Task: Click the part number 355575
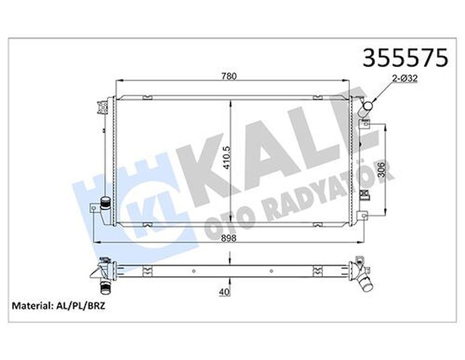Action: click(405, 58)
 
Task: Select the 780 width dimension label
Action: click(229, 76)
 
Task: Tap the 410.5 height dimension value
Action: click(226, 158)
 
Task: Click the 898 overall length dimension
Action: click(229, 238)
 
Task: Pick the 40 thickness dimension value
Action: click(223, 292)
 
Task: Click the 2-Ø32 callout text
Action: click(405, 79)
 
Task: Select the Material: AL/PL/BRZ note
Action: click(59, 306)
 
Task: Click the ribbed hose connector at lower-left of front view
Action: click(105, 203)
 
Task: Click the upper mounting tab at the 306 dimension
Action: click(364, 124)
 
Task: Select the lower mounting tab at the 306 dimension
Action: click(363, 215)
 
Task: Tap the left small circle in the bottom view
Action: click(193, 270)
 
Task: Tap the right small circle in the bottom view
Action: click(271, 270)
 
